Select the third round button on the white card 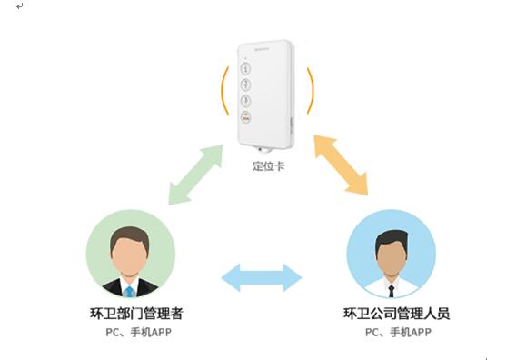coord(245,100)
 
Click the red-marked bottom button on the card coord(245,117)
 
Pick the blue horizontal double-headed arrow coord(263,276)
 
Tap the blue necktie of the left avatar coord(130,291)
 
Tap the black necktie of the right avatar coord(392,291)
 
